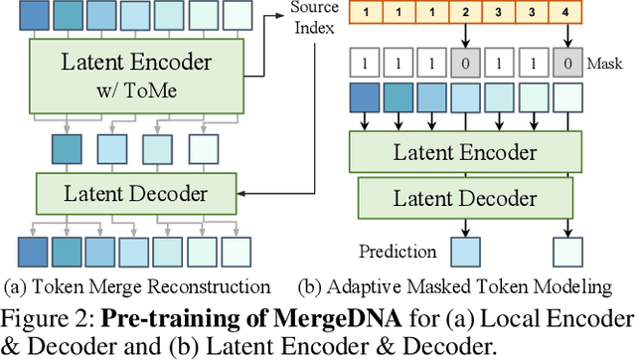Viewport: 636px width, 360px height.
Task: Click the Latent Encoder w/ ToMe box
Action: click(137, 75)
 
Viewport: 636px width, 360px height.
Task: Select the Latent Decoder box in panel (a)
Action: click(137, 193)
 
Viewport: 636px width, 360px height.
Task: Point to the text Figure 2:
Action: click(45, 317)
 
